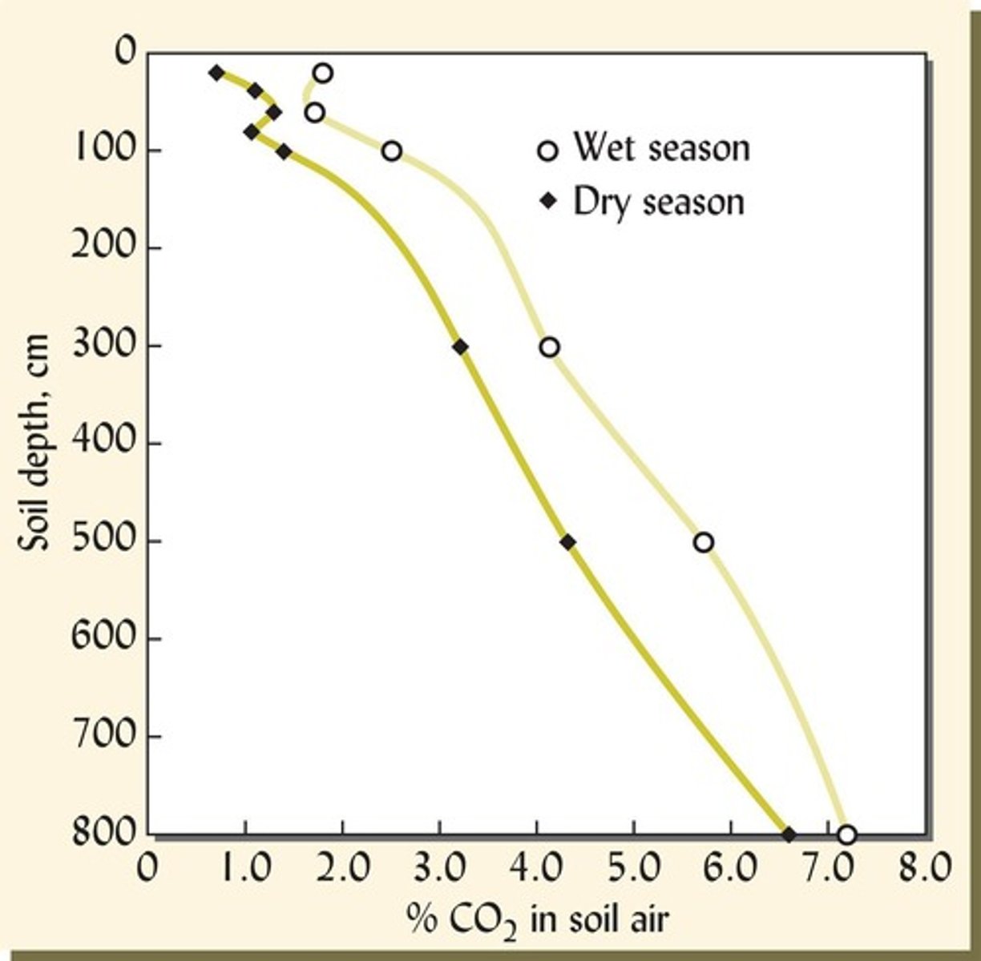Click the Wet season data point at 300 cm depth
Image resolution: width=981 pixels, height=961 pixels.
point(549,347)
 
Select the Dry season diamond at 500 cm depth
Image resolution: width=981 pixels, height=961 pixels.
point(567,542)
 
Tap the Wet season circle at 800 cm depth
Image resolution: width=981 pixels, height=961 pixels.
point(846,834)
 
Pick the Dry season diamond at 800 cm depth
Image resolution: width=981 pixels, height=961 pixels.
point(789,834)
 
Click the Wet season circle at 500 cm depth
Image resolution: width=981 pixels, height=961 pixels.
point(703,542)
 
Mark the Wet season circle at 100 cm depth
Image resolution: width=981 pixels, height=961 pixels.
point(391,151)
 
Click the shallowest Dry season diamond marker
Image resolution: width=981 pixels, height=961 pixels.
point(216,72)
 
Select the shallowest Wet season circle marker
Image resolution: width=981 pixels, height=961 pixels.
point(323,73)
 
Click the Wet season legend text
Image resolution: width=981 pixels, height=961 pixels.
point(661,149)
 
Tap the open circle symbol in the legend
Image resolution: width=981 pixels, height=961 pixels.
point(547,151)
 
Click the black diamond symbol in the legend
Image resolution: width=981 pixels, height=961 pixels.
point(547,203)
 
